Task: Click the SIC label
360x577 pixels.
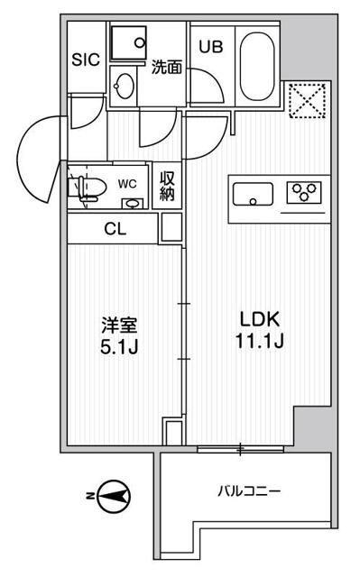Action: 86,60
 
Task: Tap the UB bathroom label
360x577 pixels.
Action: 211,46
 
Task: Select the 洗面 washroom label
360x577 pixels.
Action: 167,67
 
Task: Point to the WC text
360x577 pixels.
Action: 127,184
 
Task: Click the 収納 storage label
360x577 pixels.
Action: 167,187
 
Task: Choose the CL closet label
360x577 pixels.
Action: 115,229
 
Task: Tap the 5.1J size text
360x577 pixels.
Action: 119,346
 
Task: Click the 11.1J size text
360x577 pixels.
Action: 260,342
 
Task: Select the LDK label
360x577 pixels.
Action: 260,319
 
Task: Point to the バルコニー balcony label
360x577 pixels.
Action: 249,490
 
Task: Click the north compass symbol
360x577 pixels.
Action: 112,496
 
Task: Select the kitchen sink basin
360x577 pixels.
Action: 253,194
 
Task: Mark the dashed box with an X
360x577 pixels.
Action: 308,101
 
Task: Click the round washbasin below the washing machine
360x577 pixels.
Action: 124,87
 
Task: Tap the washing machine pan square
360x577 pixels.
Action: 128,42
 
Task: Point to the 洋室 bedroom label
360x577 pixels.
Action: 119,325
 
